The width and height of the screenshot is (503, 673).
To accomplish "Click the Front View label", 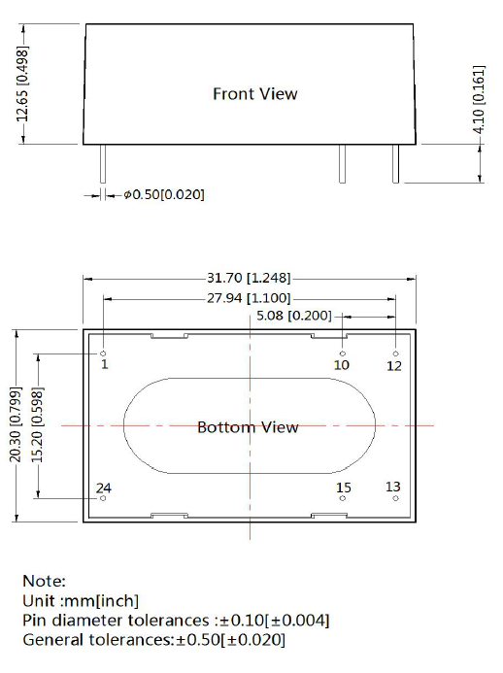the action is (255, 93).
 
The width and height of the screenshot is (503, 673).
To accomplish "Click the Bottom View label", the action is (248, 427).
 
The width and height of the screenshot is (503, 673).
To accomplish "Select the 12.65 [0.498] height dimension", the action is (22, 84).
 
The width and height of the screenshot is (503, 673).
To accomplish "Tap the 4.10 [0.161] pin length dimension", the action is (479, 99).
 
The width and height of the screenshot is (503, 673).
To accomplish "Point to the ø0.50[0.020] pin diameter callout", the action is (164, 194).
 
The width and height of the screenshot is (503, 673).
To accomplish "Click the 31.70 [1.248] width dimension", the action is (249, 278).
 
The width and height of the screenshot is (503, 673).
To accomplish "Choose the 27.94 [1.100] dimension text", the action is (249, 298).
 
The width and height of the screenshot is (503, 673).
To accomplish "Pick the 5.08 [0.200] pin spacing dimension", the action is (294, 316).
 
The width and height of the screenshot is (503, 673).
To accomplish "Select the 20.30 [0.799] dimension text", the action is (16, 424).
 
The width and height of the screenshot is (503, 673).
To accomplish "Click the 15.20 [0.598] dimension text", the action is (37, 425).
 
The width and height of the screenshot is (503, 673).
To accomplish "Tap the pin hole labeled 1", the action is (103, 353).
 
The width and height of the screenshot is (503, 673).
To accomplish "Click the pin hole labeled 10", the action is (343, 353).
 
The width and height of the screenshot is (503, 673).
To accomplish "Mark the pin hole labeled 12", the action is (396, 353).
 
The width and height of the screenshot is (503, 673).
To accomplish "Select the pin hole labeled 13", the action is (396, 498).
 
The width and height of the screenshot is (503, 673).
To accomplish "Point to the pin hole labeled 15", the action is (343, 498).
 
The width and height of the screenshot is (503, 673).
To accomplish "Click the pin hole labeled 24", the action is (103, 498).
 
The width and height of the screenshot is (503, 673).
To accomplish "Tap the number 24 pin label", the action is (104, 488).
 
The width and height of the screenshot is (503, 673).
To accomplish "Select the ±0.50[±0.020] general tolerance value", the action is (230, 640).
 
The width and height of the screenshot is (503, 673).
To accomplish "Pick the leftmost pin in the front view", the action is (103, 164).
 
